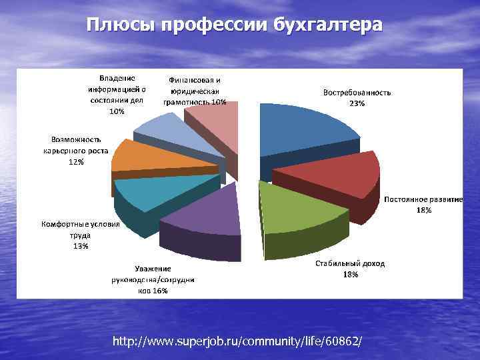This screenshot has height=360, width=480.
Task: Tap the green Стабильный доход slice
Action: pyautogui.click(x=300, y=213)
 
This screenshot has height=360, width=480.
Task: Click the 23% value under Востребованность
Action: pyautogui.click(x=357, y=103)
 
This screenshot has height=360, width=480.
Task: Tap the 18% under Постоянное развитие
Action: pyautogui.click(x=424, y=210)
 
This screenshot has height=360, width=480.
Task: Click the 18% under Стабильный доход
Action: pyautogui.click(x=350, y=274)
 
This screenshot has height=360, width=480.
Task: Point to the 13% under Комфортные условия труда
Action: pyautogui.click(x=81, y=246)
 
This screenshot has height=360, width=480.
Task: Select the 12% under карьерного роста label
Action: pyautogui.click(x=76, y=161)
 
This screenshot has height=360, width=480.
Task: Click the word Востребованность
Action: pyautogui.click(x=357, y=93)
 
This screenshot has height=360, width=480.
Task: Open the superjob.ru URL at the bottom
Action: pyautogui.click(x=238, y=341)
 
